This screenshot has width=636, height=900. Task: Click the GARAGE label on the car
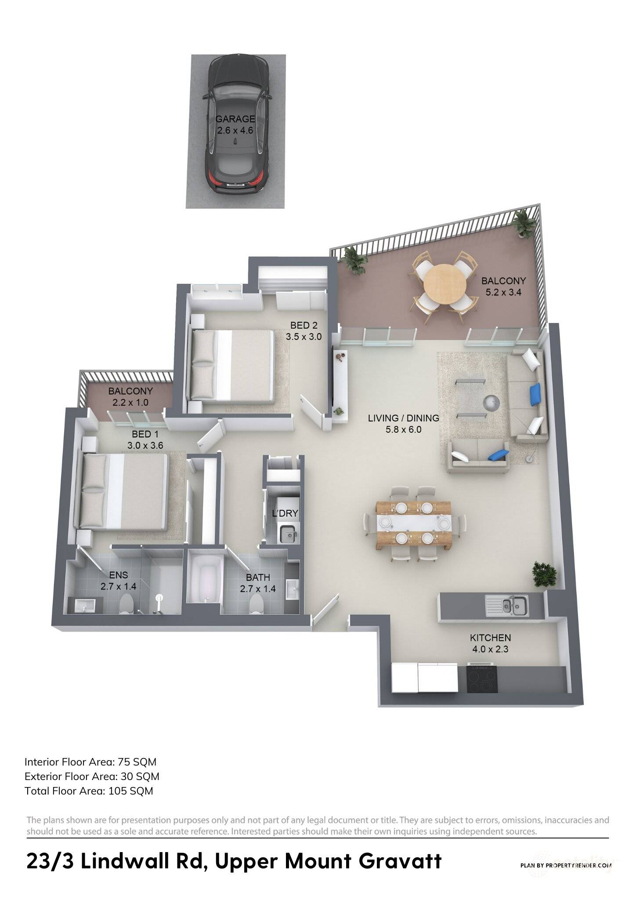pyautogui.click(x=235, y=119)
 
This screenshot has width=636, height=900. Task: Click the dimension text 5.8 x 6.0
pyautogui.click(x=403, y=429)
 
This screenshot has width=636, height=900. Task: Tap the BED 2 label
pyautogui.click(x=304, y=326)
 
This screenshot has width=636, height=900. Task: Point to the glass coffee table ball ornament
pyautogui.click(x=490, y=401)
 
